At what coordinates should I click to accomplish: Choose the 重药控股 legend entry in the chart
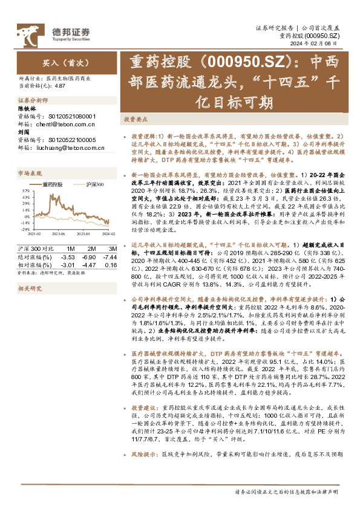pyautogui.click(x=54, y=184)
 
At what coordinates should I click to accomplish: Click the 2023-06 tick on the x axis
pyautogui.click(x=59, y=233)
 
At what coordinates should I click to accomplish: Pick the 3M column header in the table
pyautogui.click(x=111, y=249)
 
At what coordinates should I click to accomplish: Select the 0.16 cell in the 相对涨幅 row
pyautogui.click(x=111, y=264)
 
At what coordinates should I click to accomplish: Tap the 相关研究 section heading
pyautogui.click(x=30, y=289)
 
